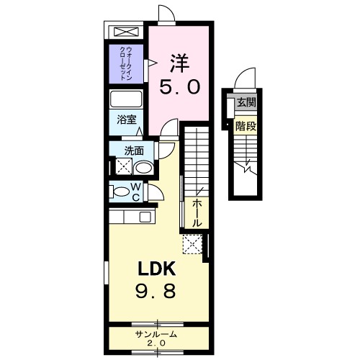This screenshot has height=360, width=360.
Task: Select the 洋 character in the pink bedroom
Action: click(x=179, y=63)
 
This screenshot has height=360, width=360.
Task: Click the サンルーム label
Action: click(x=156, y=335)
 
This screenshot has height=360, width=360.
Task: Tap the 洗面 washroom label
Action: click(x=133, y=151)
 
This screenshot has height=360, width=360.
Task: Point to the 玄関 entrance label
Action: click(x=247, y=103)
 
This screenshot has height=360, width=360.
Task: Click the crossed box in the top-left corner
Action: click(x=126, y=32)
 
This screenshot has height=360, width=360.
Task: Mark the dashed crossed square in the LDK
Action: click(x=192, y=244)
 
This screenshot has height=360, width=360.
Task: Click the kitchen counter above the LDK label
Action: click(x=131, y=217)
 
